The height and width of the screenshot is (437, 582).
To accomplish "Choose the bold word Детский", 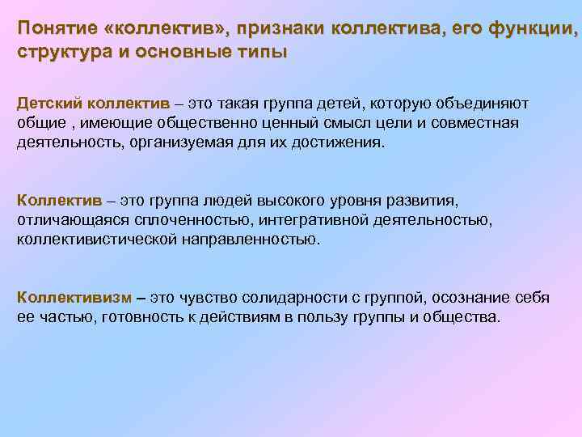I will [x=50, y=104].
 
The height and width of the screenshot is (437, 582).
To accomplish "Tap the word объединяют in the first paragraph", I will [x=482, y=104].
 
